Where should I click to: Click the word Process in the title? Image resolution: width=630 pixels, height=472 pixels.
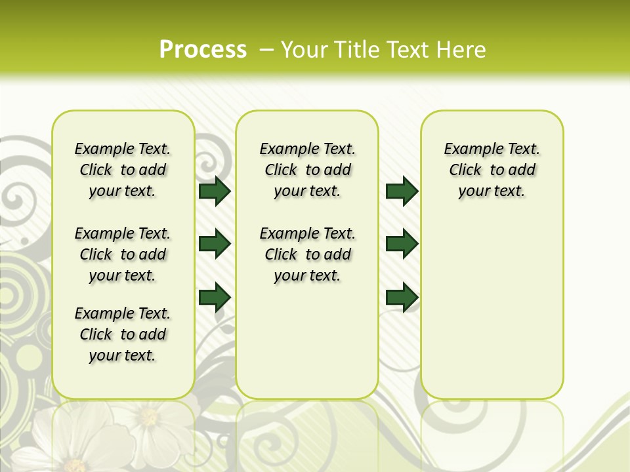pos(203,50)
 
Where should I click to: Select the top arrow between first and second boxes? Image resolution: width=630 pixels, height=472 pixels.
pos(215,191)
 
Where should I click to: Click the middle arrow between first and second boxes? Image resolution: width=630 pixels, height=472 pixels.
pos(215,244)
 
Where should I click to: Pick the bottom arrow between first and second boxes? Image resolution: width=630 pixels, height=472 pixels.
pos(215,297)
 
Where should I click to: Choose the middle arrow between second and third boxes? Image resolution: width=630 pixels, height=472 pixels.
pos(402,244)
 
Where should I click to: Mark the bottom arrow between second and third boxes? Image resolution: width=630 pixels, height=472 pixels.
pos(402,297)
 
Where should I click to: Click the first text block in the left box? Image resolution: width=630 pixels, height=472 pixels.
pos(123,170)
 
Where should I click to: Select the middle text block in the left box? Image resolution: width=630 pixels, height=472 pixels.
pos(123,254)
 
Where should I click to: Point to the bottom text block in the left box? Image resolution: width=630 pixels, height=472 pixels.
pos(123,334)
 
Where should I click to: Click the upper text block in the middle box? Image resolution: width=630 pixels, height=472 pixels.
pos(307,170)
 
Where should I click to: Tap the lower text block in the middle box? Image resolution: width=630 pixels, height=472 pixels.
pos(307,254)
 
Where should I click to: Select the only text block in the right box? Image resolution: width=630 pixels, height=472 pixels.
pos(492,170)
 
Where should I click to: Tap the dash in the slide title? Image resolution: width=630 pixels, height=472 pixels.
pos(266,50)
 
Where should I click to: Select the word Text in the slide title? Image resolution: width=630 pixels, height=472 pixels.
pos(409,50)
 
